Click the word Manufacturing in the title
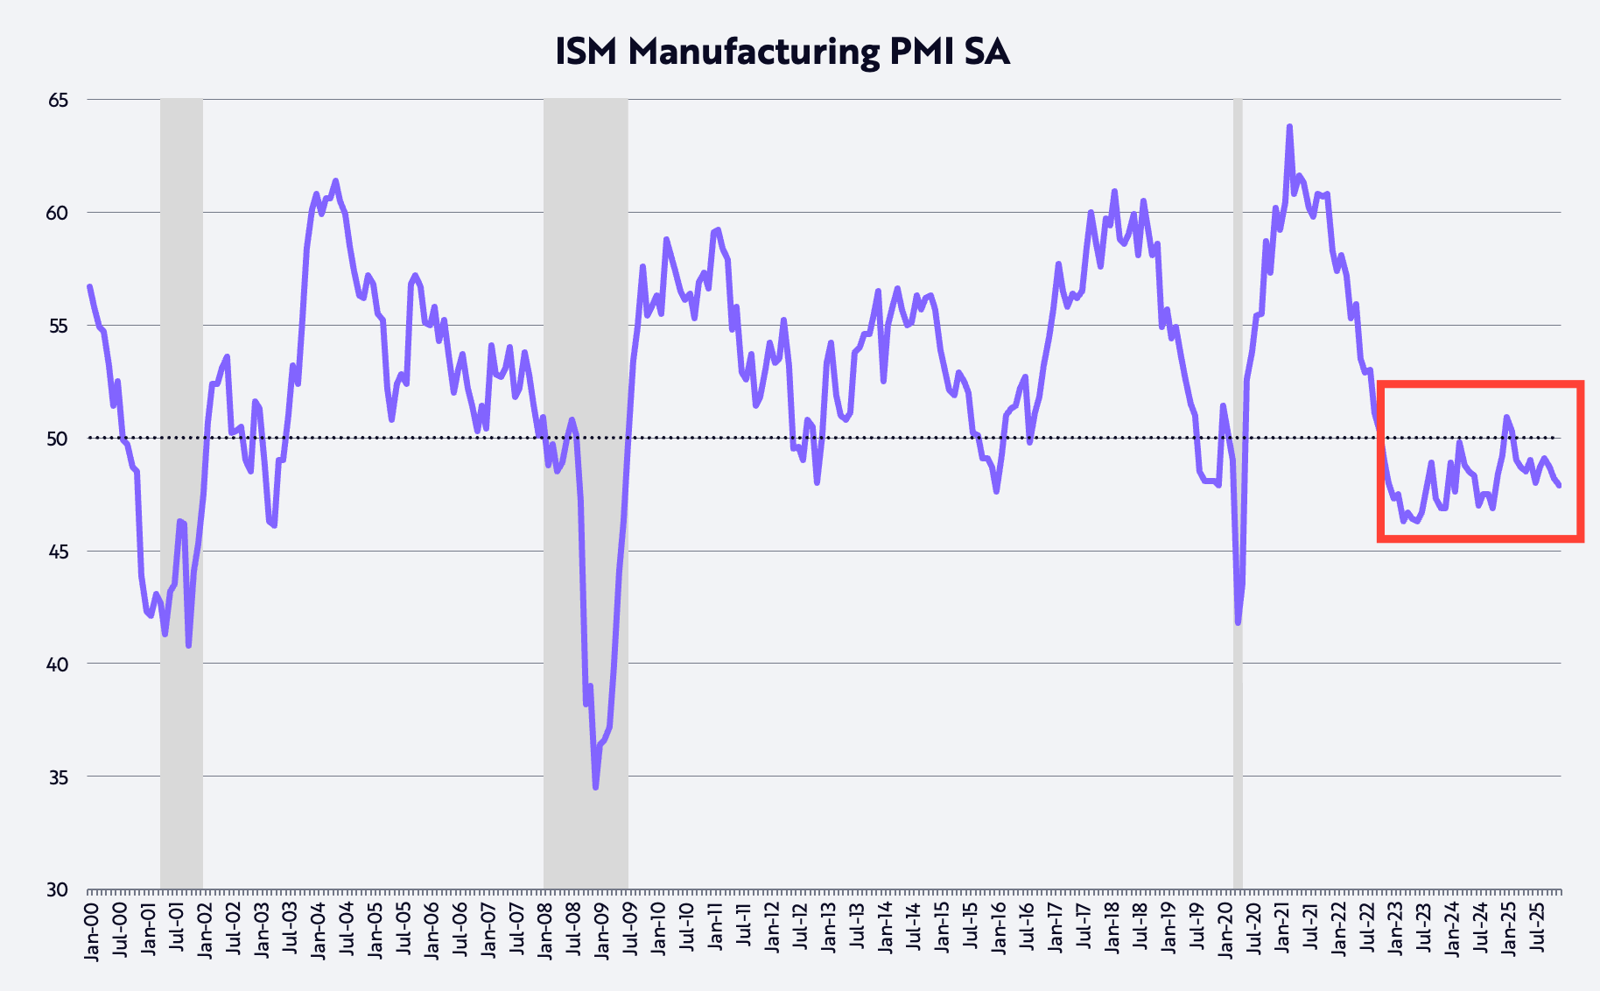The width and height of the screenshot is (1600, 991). pos(754,53)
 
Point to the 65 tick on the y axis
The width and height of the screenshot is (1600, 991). pos(58,100)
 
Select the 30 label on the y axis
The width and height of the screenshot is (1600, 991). pos(58,889)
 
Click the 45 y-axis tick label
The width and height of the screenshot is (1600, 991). pos(58,552)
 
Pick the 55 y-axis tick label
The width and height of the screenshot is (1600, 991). pos(58,326)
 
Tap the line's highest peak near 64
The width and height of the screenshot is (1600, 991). pos(1289,127)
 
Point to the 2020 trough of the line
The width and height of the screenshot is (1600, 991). pos(1238,622)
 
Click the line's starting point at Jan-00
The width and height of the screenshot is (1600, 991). pos(89,287)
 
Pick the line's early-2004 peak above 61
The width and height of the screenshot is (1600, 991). pos(335,181)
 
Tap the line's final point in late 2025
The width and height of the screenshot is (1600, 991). pos(1560,486)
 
